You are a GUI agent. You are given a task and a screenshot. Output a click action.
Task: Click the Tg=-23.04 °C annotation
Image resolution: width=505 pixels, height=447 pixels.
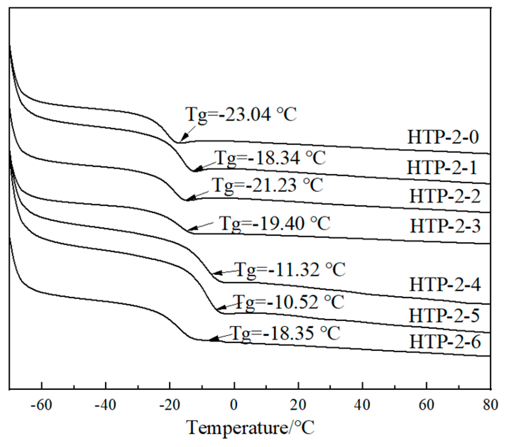241,115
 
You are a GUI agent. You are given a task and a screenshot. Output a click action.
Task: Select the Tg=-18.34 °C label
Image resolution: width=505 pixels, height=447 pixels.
270,158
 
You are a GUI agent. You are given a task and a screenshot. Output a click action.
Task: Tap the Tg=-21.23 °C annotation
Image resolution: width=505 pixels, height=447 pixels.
267,185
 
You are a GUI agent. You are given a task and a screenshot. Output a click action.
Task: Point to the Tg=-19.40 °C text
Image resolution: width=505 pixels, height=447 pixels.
274,223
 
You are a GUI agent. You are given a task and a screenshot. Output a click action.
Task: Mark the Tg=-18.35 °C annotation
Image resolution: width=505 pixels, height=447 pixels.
286,333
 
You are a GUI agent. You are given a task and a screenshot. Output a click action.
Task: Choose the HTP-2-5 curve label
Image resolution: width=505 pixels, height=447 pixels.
444,315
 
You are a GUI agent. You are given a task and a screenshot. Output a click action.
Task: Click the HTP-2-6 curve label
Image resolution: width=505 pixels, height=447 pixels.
445,343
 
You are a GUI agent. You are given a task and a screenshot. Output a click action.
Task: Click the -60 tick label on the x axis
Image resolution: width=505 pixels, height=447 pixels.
42,405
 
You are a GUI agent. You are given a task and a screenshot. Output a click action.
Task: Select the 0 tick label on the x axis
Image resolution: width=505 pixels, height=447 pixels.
234,405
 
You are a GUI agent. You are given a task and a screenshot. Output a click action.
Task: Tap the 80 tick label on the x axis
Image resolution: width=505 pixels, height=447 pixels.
490,405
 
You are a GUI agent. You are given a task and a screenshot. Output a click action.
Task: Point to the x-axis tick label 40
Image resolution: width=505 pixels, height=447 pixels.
362,405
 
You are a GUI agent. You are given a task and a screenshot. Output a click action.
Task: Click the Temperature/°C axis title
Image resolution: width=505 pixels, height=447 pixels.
251,427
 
